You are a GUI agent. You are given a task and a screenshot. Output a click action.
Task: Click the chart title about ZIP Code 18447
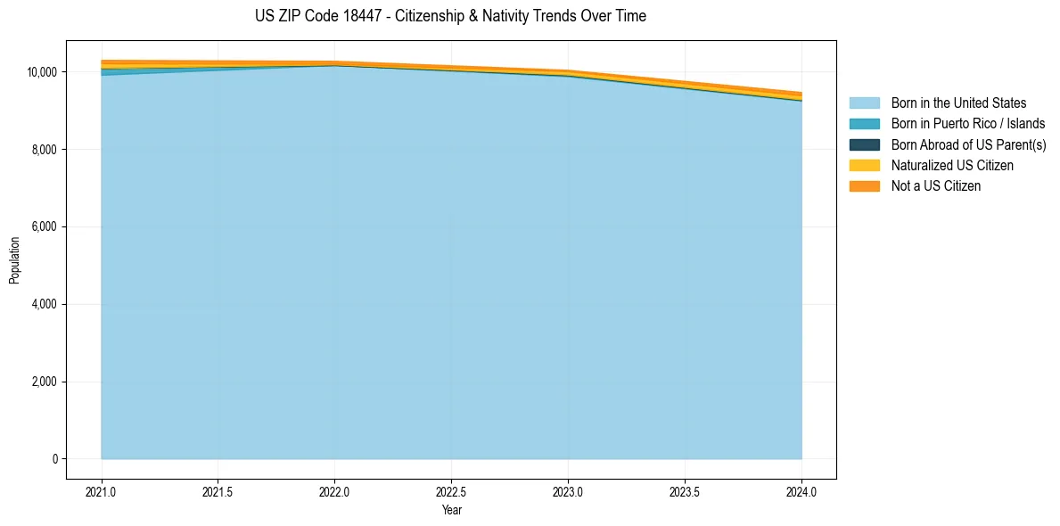(450, 16)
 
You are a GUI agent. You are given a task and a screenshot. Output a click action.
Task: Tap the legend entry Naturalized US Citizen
(952, 166)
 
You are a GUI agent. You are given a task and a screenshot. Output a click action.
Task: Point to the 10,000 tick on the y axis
(43, 72)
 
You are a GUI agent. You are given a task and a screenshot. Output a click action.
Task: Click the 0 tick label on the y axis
(55, 459)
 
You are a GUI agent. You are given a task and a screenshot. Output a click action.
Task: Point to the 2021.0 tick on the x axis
(102, 491)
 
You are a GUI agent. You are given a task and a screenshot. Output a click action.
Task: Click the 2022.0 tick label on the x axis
(334, 491)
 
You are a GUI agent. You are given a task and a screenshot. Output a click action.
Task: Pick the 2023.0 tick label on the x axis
(568, 491)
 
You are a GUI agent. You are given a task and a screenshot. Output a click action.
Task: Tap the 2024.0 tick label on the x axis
(801, 491)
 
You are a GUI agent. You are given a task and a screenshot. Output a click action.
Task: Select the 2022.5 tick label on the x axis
(451, 491)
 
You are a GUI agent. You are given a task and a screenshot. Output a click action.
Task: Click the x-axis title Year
(451, 510)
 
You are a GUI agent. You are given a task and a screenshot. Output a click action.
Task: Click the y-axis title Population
(14, 260)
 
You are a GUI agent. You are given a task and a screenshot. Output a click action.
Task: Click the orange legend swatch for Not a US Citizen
(864, 186)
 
